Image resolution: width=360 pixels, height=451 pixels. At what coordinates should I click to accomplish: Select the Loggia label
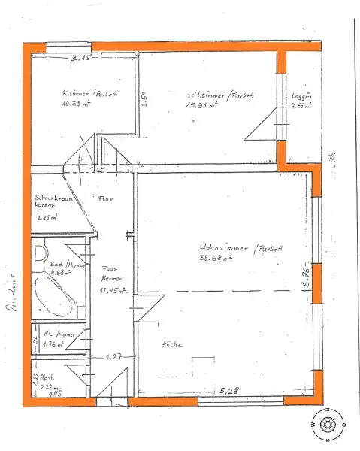click(x=301, y=96)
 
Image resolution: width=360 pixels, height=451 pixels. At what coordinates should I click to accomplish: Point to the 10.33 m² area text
click(x=77, y=104)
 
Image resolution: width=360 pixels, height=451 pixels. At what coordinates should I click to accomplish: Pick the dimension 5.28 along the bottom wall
click(x=228, y=391)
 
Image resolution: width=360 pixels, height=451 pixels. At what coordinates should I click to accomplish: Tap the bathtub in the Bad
click(x=54, y=297)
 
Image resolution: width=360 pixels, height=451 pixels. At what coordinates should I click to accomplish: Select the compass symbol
click(x=328, y=425)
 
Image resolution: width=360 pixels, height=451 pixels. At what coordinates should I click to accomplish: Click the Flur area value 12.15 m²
click(x=111, y=292)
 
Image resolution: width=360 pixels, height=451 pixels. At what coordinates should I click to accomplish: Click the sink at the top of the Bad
click(x=41, y=253)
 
